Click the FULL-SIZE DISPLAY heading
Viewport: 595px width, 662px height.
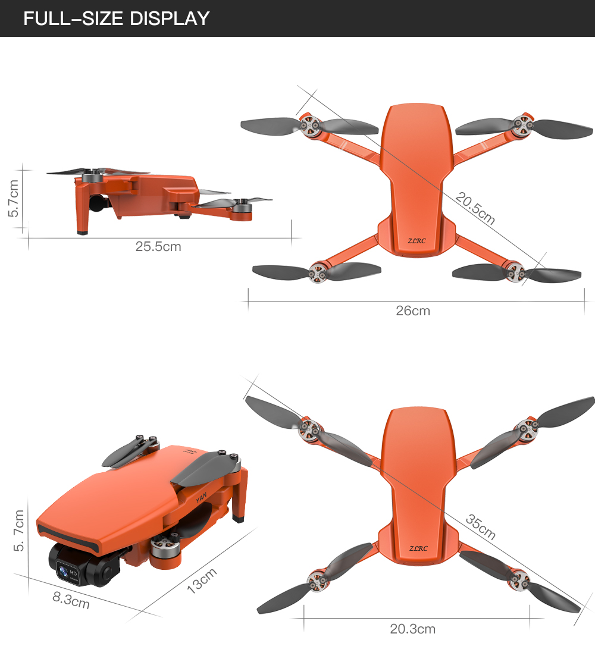point(117,18)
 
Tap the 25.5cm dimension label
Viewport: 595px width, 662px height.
point(158,246)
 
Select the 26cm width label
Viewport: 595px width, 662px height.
point(413,310)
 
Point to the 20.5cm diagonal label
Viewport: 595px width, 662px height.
point(475,208)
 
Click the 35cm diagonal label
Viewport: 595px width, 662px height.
point(480,528)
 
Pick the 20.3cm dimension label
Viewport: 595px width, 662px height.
point(413,629)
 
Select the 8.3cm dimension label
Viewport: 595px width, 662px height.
point(71,600)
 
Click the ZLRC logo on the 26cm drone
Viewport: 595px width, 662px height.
point(418,241)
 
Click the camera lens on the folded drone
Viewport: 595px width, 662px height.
point(62,572)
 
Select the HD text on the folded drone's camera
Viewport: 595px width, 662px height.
point(74,573)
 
